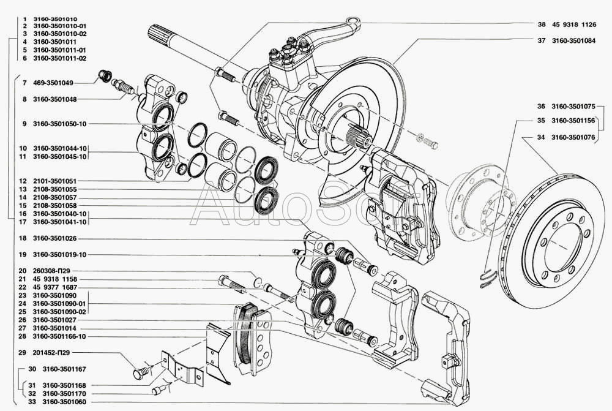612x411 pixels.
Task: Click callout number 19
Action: pos(23,254)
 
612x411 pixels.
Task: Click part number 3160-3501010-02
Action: pos(59,35)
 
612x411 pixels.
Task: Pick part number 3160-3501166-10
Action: pos(59,336)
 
